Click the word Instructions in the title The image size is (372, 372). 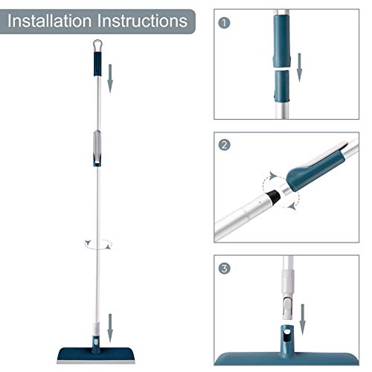[141, 19]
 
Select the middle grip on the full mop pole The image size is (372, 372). [97, 149]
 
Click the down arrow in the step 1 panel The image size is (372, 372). [300, 68]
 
